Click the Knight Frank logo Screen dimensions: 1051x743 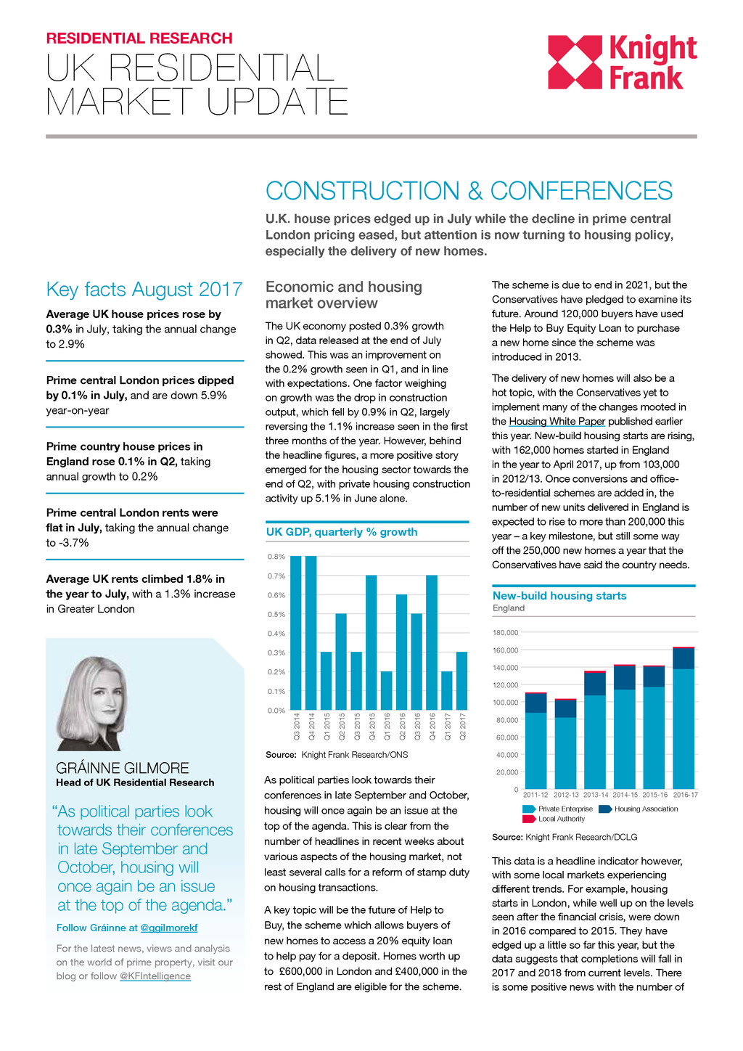coord(622,62)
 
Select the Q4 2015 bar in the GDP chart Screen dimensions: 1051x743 coord(371,642)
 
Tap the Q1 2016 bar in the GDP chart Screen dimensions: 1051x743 coord(386,690)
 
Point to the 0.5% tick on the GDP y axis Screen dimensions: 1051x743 coord(276,614)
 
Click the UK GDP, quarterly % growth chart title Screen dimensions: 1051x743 coord(342,532)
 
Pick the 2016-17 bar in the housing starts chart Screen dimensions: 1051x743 coord(684,718)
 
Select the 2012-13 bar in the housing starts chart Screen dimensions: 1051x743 coord(566,744)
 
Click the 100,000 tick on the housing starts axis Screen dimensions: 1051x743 coord(506,703)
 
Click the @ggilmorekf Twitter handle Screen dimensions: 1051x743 coord(168,928)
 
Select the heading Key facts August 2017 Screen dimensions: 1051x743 coord(144,290)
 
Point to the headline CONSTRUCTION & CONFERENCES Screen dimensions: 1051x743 coord(469,191)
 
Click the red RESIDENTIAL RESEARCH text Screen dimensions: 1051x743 coord(139,38)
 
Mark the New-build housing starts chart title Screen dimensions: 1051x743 coord(559,596)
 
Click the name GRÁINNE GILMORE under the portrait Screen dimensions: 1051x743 coord(123,768)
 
